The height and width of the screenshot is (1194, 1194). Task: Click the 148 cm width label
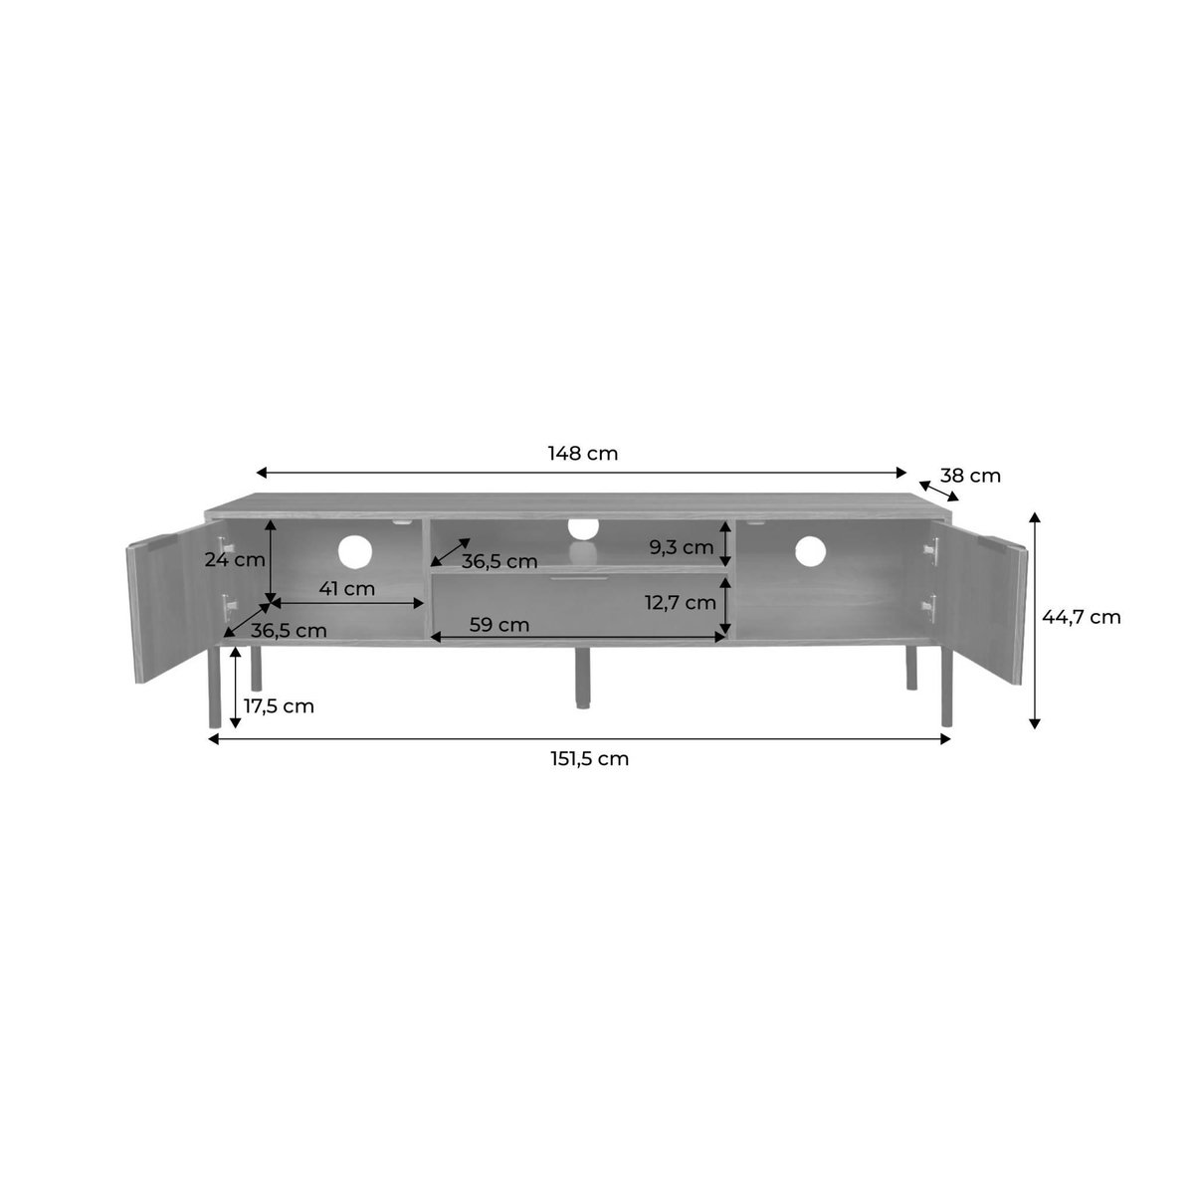pyautogui.click(x=582, y=454)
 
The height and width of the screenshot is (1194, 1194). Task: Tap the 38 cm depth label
pyautogui.click(x=970, y=476)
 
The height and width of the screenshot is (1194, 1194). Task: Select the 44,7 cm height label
pyautogui.click(x=1082, y=617)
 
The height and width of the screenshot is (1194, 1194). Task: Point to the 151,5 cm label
pyautogui.click(x=589, y=759)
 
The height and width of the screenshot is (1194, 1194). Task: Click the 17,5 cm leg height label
pyautogui.click(x=279, y=706)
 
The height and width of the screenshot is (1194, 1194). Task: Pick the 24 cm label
pyautogui.click(x=234, y=560)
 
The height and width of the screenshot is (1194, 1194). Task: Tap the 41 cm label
pyautogui.click(x=346, y=589)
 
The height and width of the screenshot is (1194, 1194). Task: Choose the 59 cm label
pyautogui.click(x=498, y=625)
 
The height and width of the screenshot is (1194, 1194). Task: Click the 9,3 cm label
pyautogui.click(x=681, y=547)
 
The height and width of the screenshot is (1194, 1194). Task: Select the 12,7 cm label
pyautogui.click(x=680, y=602)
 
